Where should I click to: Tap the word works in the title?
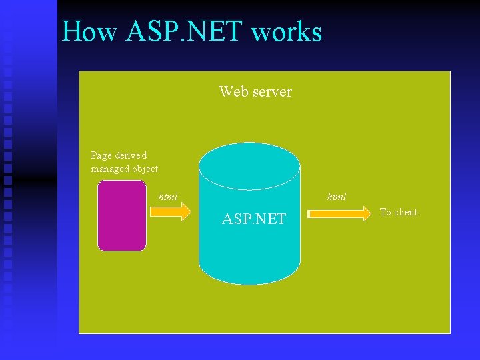coord(288,31)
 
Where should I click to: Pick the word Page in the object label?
coord(101,155)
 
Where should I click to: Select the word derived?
coord(131,155)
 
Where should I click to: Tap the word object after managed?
coord(145,169)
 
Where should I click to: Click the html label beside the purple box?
coord(168,197)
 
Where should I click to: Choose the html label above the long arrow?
coord(337,197)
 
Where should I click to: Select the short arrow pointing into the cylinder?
coord(171,212)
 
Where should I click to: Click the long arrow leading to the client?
coord(341,213)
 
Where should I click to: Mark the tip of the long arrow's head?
coord(373,213)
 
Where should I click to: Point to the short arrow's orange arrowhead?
coord(185,212)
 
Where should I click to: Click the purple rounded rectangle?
coord(121,215)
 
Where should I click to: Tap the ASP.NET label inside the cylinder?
coord(254,219)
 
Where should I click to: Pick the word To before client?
coord(385,212)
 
